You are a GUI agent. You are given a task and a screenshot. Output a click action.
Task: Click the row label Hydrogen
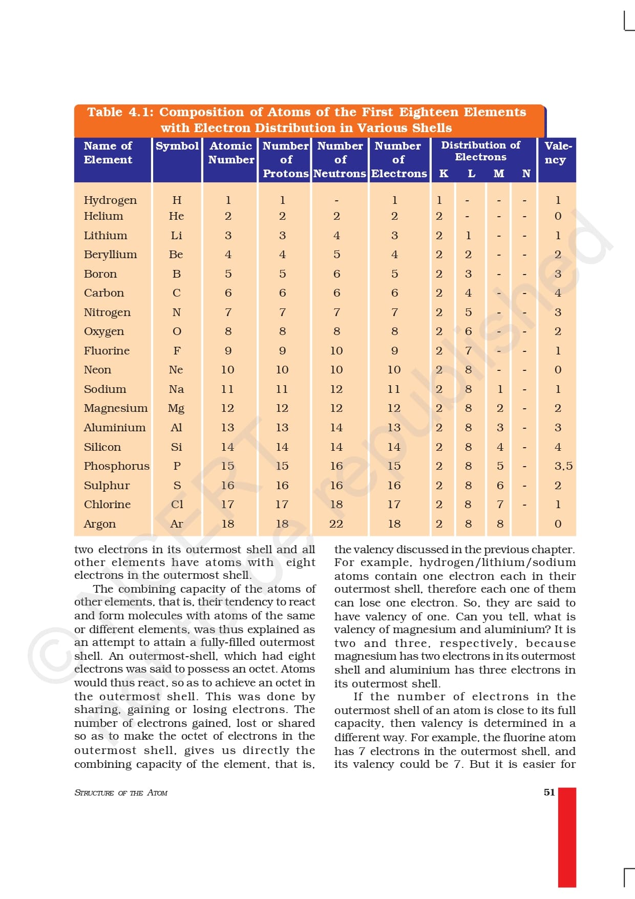[x=110, y=200]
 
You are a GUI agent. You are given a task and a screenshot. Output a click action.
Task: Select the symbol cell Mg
[x=176, y=408]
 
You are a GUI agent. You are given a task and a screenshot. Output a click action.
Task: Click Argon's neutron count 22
[x=336, y=524]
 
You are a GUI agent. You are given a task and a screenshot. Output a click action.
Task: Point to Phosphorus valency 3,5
[x=563, y=466]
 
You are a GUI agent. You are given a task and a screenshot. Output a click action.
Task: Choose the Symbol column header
[x=177, y=146]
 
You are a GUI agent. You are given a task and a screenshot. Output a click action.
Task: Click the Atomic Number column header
[x=231, y=153]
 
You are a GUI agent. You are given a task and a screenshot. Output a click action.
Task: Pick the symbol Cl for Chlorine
[x=177, y=505]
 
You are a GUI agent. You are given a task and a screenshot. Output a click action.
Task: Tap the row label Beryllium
[x=110, y=255]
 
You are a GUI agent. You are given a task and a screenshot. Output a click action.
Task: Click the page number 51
[x=549, y=792]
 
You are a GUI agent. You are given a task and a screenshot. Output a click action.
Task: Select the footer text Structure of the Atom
[x=121, y=793]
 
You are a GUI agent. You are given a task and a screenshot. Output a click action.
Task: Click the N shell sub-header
[x=526, y=174]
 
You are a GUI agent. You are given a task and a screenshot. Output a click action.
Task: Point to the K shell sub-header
[x=443, y=174]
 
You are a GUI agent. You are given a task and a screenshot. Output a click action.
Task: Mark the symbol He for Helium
[x=176, y=216]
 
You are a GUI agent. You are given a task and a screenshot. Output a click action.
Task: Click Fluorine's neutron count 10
[x=336, y=351]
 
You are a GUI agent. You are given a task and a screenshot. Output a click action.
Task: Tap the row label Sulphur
[x=107, y=486]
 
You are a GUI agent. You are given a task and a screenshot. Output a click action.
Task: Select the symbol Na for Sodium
[x=176, y=389]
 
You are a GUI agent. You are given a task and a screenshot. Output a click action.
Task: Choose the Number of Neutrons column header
[x=340, y=159]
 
